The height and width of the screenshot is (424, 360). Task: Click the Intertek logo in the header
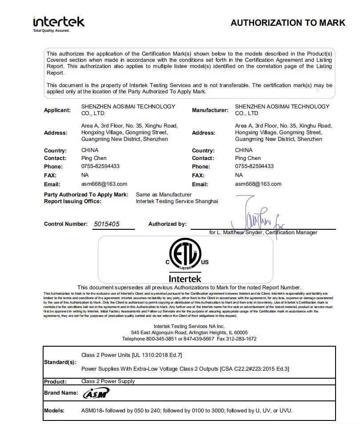[x=58, y=21]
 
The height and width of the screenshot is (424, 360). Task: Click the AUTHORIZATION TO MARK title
[x=288, y=23]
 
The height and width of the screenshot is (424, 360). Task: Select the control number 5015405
[x=107, y=224]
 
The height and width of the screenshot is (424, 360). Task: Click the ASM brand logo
[x=96, y=393]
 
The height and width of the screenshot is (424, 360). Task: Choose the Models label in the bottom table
[x=54, y=411]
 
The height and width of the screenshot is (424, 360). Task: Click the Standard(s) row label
[x=60, y=362]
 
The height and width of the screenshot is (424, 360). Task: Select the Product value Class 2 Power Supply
[x=108, y=381]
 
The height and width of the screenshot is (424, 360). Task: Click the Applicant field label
[x=57, y=110]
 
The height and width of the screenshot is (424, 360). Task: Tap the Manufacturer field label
[x=210, y=110]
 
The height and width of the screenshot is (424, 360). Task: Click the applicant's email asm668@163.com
[x=104, y=184]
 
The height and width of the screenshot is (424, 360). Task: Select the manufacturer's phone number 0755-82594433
[x=254, y=166]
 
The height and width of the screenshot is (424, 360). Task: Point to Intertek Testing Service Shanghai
[x=177, y=201]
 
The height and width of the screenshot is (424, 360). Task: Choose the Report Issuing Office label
[x=72, y=201]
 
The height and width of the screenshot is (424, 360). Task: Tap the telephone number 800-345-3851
[x=161, y=339]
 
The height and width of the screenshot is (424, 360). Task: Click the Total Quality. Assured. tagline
[x=52, y=31]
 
